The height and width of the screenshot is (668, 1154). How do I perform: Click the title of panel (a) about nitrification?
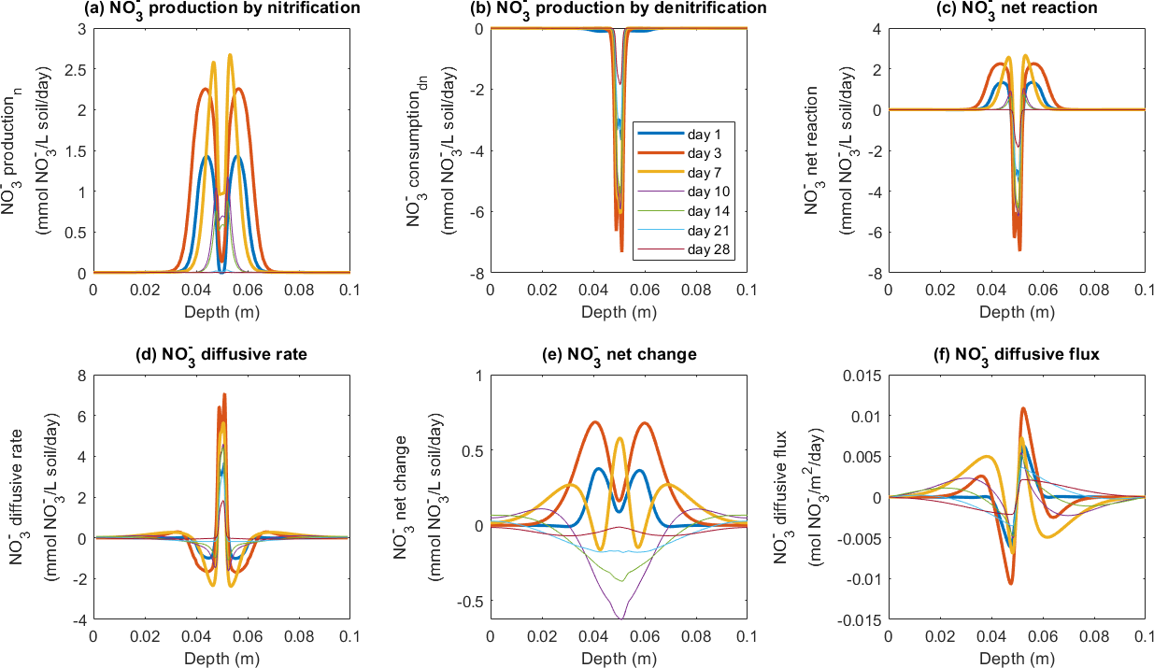click(221, 9)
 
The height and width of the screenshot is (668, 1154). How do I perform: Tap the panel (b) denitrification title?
click(618, 9)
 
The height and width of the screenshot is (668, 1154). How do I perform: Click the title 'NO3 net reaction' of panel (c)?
click(1016, 9)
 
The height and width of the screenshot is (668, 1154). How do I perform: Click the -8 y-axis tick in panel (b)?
click(476, 273)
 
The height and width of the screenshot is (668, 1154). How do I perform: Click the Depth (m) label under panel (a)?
click(221, 309)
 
